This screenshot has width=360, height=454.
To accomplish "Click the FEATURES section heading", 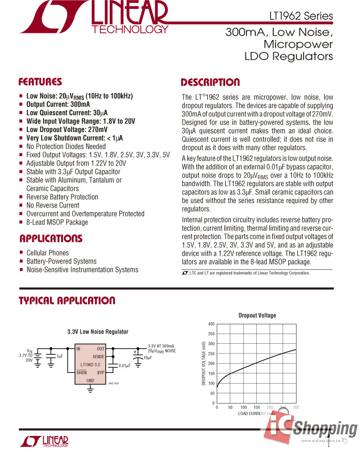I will coord(40,82).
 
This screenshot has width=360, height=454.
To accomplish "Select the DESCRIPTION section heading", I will coord(210,83).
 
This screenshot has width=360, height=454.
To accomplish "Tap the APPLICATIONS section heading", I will coord(51,239).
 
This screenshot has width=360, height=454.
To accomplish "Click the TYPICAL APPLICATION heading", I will coord(67,301).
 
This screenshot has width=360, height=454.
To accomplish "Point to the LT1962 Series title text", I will coord(301,16).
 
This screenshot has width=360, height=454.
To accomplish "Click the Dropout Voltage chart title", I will coord(257,315).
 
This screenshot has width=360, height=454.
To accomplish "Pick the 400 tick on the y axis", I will coord(211,324).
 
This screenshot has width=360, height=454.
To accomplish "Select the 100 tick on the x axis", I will coord(243,408).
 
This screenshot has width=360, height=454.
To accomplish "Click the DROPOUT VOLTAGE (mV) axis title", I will coord(204,364).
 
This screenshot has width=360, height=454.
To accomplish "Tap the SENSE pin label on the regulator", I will coord(98,357).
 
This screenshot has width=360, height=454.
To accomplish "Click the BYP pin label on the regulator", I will coord(101,372).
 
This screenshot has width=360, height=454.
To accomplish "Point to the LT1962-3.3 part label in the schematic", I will coord(90,365).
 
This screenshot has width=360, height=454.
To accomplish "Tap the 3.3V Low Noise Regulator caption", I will coord(98,332).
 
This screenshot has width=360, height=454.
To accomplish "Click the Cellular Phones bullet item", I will coord(47,253).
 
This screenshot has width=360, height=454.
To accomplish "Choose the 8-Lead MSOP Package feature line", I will coord(57,222).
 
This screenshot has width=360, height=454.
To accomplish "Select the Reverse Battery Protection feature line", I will coord(62,197).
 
